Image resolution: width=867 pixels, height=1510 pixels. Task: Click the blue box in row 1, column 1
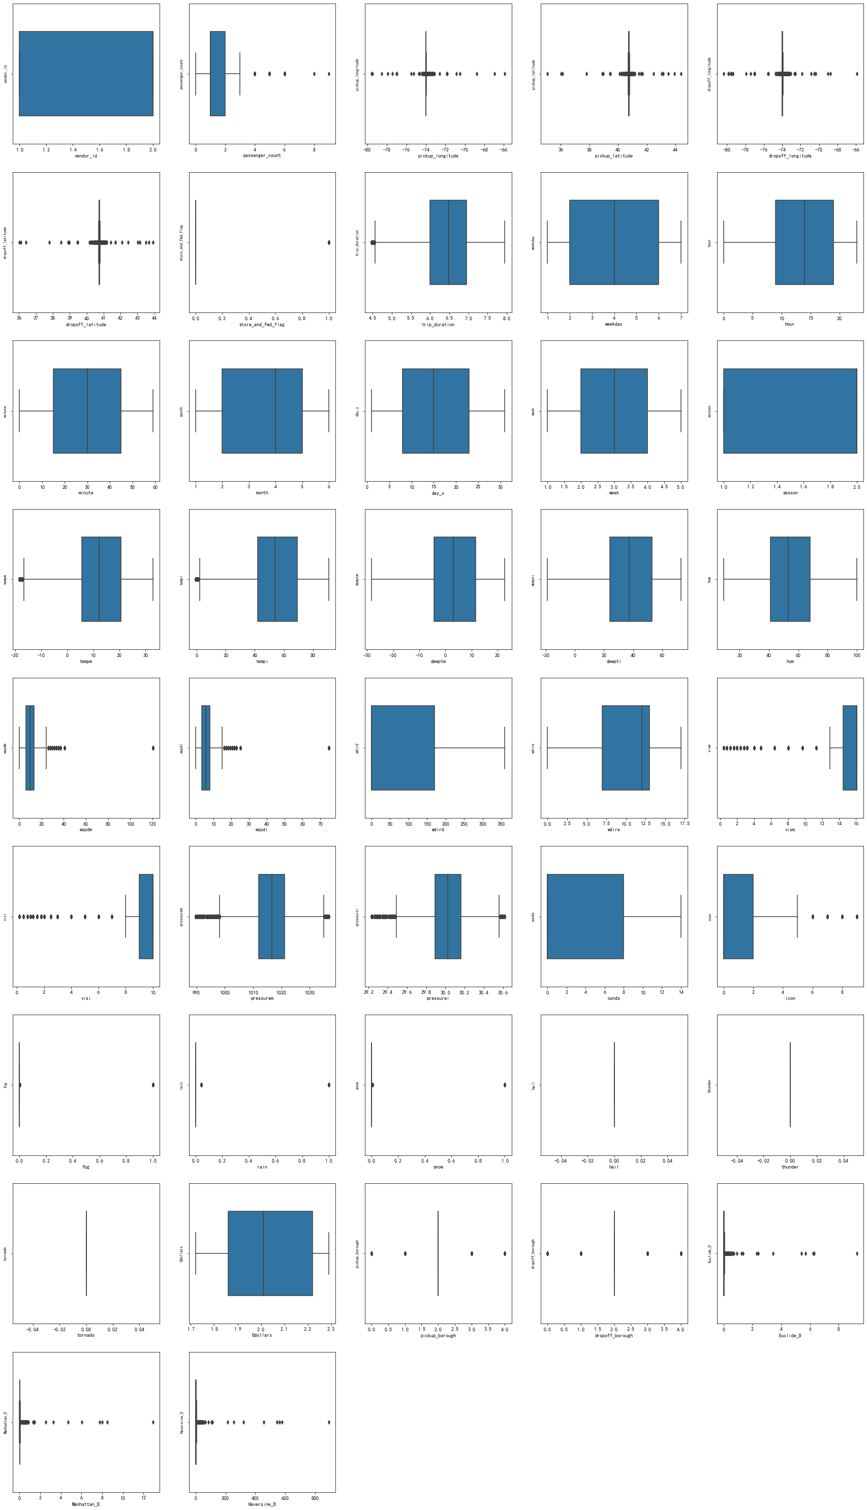coord(86,73)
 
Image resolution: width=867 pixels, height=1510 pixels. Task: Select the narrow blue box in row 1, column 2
coord(218,73)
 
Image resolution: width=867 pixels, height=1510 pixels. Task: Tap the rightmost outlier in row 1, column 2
coord(329,74)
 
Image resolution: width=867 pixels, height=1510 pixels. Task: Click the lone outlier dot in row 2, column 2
coord(329,242)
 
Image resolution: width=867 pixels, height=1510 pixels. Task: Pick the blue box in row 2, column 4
coord(614,242)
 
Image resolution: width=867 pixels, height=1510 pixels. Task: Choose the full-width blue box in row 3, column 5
coord(790,411)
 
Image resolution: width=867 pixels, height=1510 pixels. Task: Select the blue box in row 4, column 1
coord(101,579)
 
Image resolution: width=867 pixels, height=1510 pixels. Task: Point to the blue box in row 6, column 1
coord(146,917)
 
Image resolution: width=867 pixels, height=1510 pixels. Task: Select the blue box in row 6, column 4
coord(585,917)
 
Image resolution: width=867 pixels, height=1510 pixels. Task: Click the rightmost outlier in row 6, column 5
coord(857,917)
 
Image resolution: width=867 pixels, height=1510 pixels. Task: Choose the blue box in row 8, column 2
coord(270,1253)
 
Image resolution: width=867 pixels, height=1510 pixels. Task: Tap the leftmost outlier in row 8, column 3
coord(371,1253)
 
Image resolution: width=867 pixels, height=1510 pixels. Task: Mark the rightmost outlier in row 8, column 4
coord(681,1253)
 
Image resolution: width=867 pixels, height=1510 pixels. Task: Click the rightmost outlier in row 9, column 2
coord(329,1423)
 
